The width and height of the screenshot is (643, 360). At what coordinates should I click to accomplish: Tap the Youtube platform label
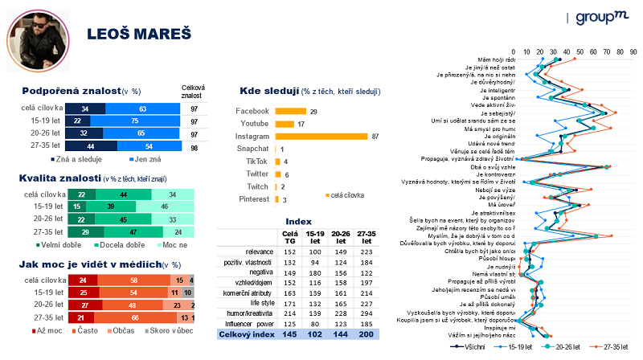253,124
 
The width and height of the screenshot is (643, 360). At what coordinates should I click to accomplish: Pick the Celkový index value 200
364,333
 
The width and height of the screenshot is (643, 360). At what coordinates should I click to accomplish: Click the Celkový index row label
247,333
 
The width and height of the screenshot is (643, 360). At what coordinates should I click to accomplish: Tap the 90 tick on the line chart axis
633,52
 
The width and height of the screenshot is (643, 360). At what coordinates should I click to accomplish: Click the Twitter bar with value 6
277,174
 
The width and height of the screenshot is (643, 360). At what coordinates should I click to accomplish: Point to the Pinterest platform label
252,199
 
